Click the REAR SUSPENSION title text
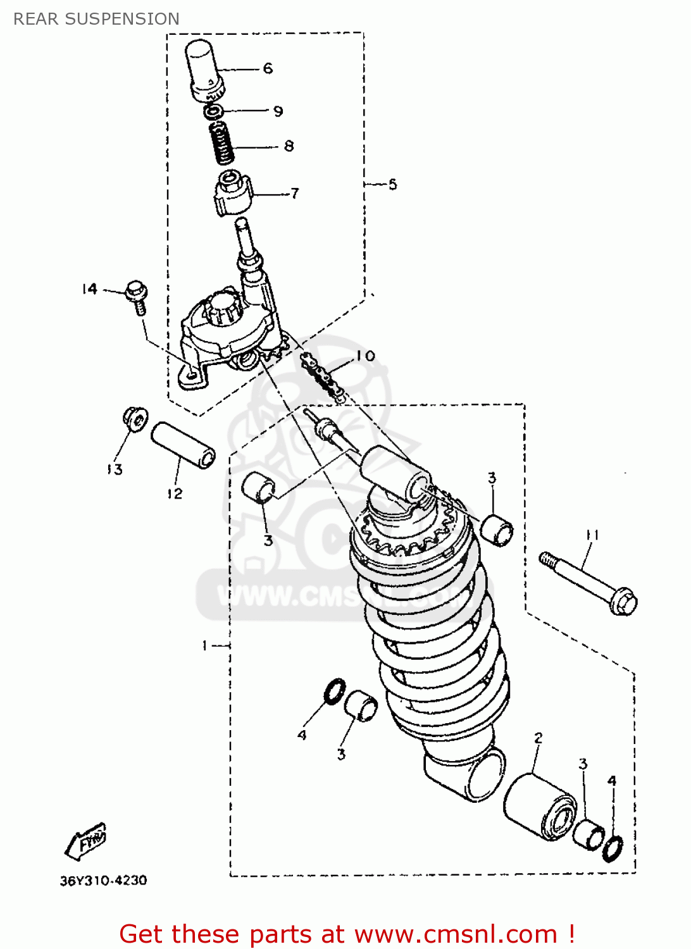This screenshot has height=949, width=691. pyautogui.click(x=96, y=19)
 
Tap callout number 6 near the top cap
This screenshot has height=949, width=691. pyautogui.click(x=268, y=68)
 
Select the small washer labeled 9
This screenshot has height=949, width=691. pyautogui.click(x=213, y=112)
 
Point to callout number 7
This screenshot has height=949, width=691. pyautogui.click(x=294, y=194)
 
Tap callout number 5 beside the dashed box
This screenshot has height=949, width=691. pyautogui.click(x=392, y=184)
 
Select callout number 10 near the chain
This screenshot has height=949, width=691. pyautogui.click(x=365, y=356)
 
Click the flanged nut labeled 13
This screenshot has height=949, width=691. pyautogui.click(x=135, y=418)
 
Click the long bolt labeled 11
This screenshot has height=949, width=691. pyautogui.click(x=588, y=581)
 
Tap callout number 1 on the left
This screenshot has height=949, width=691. pyautogui.click(x=204, y=645)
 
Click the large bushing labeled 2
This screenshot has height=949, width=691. pyautogui.click(x=540, y=807)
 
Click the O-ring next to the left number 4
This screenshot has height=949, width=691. pyautogui.click(x=335, y=692)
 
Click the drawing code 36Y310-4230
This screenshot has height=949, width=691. pyautogui.click(x=103, y=881)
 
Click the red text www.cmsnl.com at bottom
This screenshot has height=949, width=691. pyautogui.click(x=455, y=934)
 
